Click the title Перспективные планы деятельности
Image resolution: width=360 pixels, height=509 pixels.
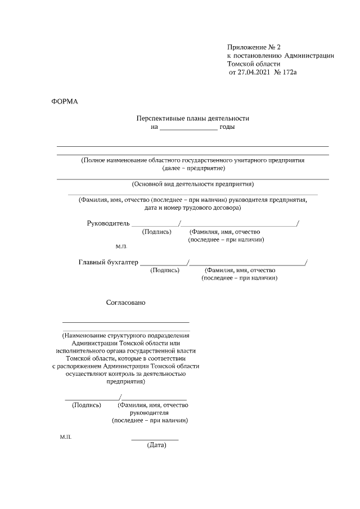click(192, 118)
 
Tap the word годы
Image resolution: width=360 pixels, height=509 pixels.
click(227, 127)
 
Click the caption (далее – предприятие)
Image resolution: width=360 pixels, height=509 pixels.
click(193, 168)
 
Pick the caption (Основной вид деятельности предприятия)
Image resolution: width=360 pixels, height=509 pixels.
click(193, 184)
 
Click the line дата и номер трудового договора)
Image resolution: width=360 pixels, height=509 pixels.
click(193, 208)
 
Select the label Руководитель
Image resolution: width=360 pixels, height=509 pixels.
click(108, 223)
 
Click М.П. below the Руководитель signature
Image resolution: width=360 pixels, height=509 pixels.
click(121, 246)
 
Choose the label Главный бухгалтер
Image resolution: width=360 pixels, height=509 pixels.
click(107, 262)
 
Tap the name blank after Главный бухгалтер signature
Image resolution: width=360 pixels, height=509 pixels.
click(247, 263)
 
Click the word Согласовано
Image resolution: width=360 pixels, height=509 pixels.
click(126, 303)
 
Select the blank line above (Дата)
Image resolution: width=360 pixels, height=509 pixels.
click(155, 439)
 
